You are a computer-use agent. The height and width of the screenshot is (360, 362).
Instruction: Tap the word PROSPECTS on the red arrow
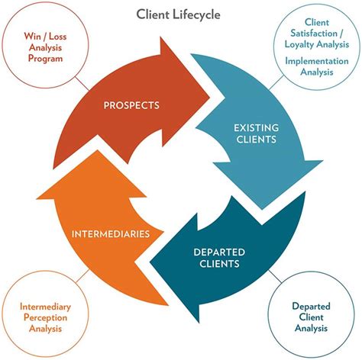[132, 104]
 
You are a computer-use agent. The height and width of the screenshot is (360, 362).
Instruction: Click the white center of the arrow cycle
[181, 179]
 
